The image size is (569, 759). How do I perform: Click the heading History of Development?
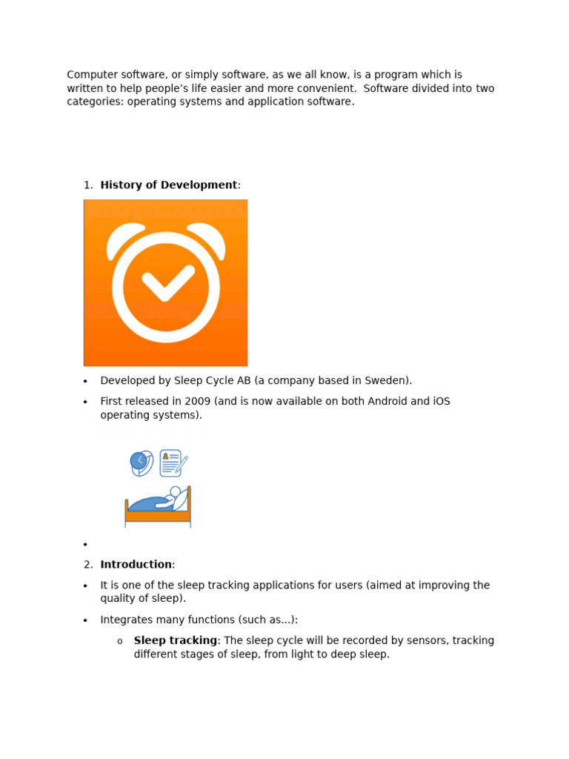coord(169,185)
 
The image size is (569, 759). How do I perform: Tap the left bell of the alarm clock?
coord(124,239)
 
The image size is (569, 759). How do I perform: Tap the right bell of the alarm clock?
coord(208,239)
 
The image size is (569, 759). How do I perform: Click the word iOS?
coord(440,402)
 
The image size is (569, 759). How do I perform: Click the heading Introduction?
coord(136,565)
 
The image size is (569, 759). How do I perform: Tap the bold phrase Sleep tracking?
coord(176,640)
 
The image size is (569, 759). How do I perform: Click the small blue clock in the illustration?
coord(139,461)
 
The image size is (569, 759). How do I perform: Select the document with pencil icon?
coord(171,463)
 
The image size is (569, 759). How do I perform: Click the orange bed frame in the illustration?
coord(157,515)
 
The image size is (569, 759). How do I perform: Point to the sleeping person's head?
coord(176,491)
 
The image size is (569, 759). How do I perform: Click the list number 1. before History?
coord(88,185)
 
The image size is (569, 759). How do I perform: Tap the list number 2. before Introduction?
coord(88,565)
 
